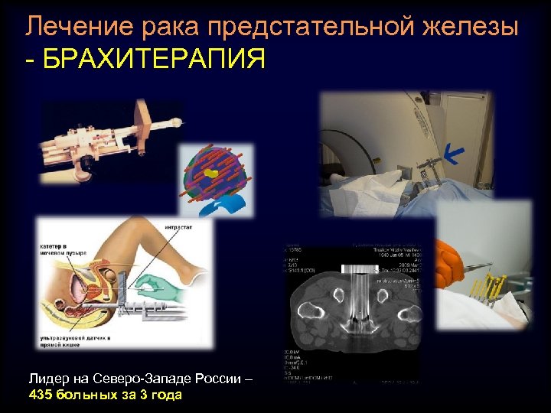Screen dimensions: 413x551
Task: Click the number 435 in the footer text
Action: pos(41,395)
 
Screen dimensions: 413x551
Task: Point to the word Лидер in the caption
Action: pos(47,379)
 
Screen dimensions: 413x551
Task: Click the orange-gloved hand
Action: pos(452,257)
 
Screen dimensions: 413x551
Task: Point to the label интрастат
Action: pos(178,226)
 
